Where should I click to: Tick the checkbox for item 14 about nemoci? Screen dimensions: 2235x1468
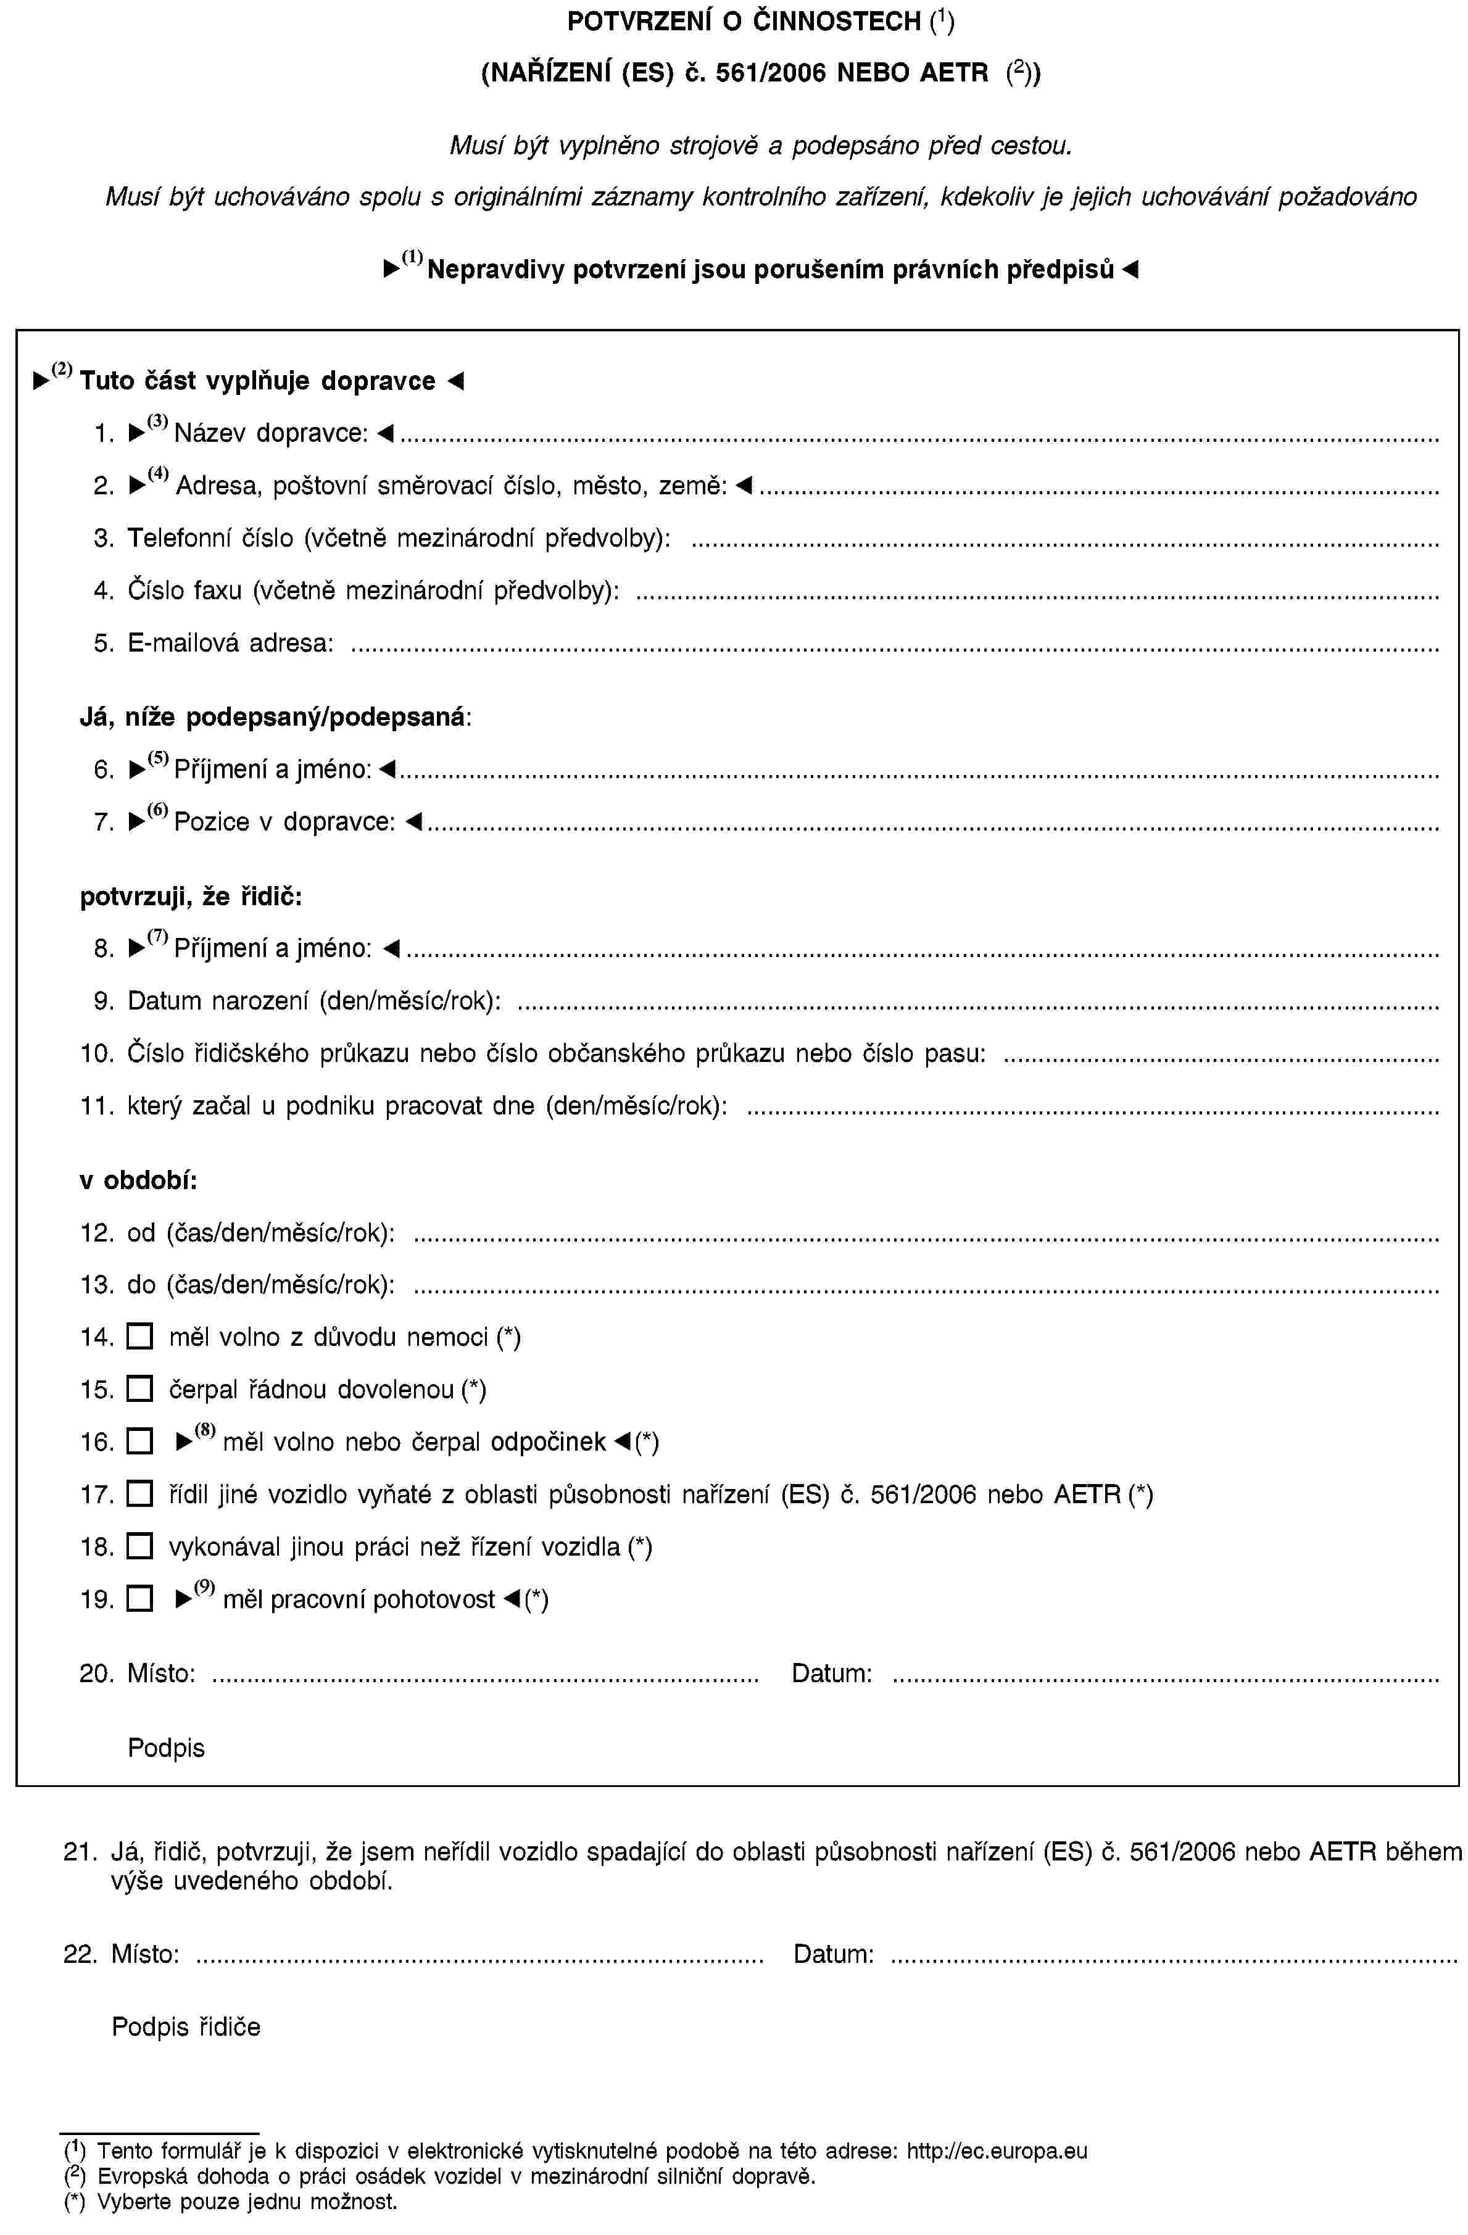point(138,1337)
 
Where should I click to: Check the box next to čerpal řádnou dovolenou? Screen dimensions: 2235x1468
point(138,1390)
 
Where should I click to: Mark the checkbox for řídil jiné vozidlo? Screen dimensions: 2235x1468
point(138,1494)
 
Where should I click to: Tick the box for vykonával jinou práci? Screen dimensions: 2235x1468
point(138,1546)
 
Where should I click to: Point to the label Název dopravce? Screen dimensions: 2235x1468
point(270,433)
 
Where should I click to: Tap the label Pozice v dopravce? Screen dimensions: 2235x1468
point(284,822)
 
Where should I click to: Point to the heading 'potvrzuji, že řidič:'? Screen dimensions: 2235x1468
point(191,897)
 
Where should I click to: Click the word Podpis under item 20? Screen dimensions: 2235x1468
point(166,1748)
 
